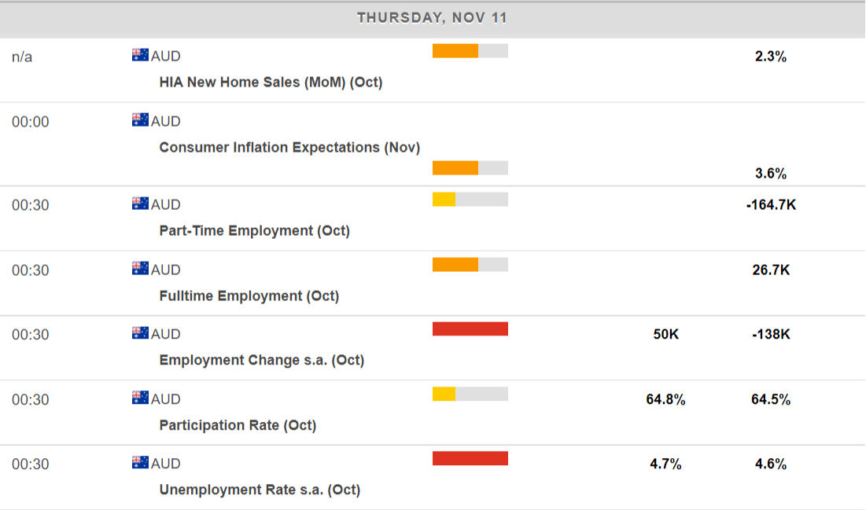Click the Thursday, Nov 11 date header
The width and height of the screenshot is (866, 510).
point(432,17)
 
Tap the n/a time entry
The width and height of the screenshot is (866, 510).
point(22,57)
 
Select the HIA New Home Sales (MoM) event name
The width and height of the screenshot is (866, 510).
point(271,82)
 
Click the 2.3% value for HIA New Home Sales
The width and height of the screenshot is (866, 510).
point(770,57)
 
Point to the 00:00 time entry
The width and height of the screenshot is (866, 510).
point(30,122)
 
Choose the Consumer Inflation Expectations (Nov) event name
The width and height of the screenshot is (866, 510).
point(289,147)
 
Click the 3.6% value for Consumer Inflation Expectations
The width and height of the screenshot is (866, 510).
point(770,174)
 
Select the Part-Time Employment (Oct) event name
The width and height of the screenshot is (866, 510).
point(254,230)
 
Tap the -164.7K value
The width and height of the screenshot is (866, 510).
point(771,205)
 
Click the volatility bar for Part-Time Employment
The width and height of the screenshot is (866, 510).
point(470,200)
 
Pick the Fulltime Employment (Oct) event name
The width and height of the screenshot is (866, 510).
point(249,295)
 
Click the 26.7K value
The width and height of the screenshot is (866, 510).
point(771,270)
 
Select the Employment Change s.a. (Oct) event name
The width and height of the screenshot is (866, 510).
point(261,360)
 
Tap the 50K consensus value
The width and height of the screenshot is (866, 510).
point(665,335)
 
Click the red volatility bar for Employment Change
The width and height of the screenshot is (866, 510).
point(470,329)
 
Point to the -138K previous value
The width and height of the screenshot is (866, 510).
point(771,335)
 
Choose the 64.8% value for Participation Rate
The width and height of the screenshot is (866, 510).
point(665,400)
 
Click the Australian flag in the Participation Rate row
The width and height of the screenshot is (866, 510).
point(140,398)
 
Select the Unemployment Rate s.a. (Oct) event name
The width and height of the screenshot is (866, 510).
point(260,490)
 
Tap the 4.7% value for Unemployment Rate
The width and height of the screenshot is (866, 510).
point(665,464)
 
